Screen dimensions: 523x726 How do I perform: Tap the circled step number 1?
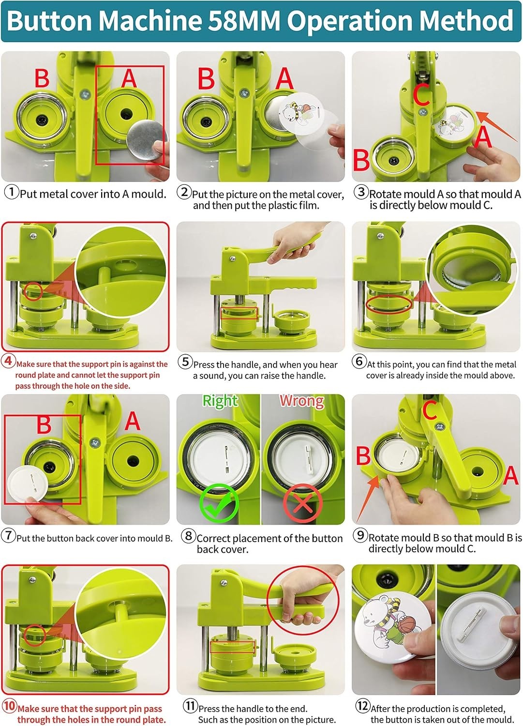pos(12,192)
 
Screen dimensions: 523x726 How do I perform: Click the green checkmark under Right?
pos(219,503)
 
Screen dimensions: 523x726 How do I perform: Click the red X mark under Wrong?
pos(303,503)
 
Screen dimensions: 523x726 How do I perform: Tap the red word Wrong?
pos(302,401)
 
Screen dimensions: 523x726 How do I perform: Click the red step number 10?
pos(9,706)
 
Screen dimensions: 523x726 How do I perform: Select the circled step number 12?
pos(362,705)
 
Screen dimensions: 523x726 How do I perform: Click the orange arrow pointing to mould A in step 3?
pos(496,126)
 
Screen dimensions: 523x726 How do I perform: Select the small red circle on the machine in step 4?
pos(33,291)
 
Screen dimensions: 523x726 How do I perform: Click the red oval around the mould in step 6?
pos(389,304)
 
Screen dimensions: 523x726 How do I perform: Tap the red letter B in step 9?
pos(363,456)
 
